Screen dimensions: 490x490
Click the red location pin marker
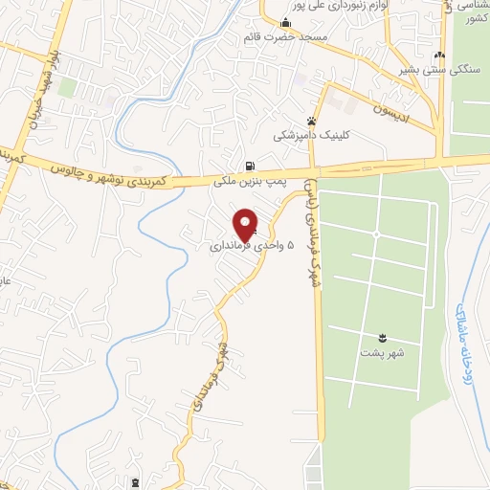tap(246, 224)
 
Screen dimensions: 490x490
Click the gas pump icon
tap(250, 165)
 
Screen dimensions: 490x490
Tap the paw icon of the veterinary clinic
tap(309, 122)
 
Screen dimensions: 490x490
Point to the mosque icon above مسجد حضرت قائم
tap(284, 23)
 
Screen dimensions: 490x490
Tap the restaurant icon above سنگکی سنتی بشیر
tap(439, 56)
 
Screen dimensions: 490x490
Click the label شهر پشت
tap(383, 351)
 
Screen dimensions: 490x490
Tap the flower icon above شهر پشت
tap(383, 337)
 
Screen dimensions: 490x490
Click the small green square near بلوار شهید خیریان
tap(66, 88)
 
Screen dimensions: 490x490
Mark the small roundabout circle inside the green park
tap(377, 234)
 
